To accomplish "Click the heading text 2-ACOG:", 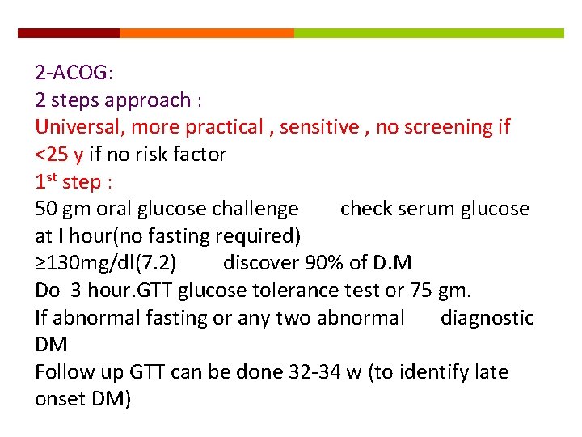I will click(74, 73).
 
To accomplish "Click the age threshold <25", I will click(53, 154).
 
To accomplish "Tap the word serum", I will click(418, 209).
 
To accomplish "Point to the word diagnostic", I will click(487, 318).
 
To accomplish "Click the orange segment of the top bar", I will click(206, 33).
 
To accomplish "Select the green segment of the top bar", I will click(428, 33).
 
